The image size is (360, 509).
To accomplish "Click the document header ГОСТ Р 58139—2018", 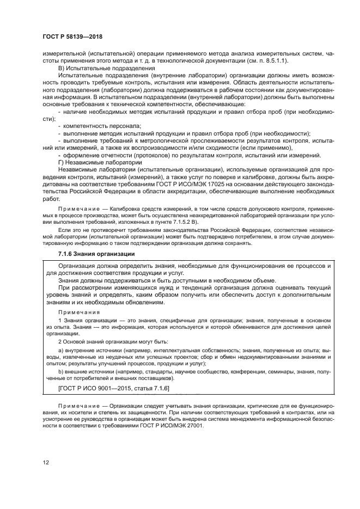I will (72, 36).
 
